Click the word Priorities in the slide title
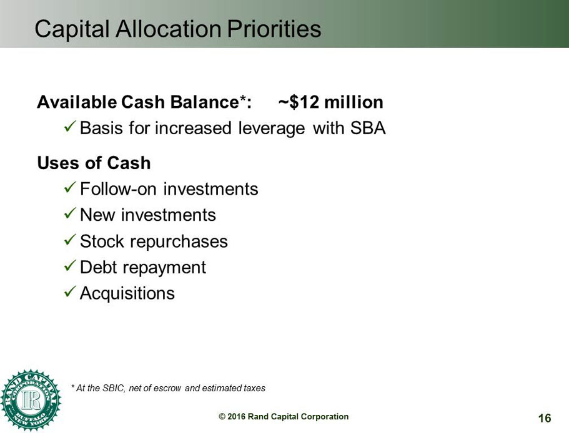tap(274, 29)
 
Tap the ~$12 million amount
tap(330, 102)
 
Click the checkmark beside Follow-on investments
tap(70, 188)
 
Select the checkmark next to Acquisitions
tap(70, 292)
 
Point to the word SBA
tap(368, 128)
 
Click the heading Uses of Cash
tap(94, 163)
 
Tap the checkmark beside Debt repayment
tap(70, 266)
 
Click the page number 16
tap(545, 418)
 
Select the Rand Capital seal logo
tap(31, 400)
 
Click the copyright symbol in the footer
tap(222, 417)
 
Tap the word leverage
tap(272, 129)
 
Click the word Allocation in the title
tap(169, 29)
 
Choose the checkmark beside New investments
tap(70, 214)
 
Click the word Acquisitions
tap(127, 293)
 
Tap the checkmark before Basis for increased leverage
tap(70, 127)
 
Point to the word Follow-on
tap(118, 189)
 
